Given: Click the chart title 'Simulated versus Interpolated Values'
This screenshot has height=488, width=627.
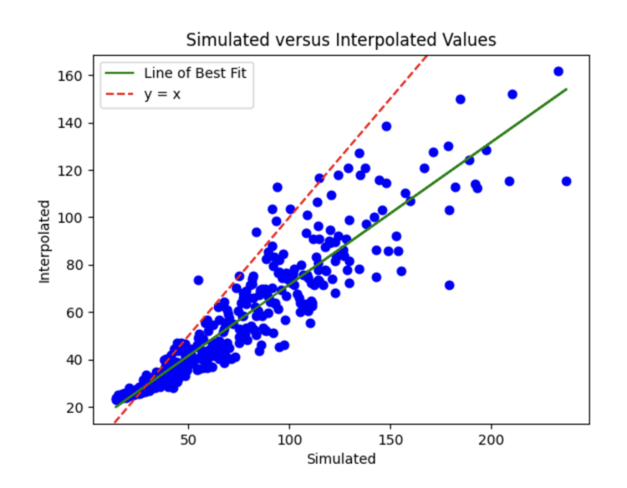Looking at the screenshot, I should click(x=340, y=39).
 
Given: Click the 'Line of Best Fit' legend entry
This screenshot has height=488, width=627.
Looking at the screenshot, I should click(x=196, y=73).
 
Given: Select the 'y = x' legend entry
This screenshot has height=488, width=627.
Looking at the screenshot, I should click(x=164, y=94).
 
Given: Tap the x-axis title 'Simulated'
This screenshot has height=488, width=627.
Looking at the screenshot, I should click(x=341, y=459).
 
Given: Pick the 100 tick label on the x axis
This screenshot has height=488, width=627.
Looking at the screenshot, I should click(x=290, y=439).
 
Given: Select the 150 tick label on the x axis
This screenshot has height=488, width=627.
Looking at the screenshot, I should click(x=390, y=439).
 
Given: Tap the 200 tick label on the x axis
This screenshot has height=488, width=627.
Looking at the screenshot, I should click(x=492, y=439).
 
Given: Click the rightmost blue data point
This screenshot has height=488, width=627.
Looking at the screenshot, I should click(x=566, y=181).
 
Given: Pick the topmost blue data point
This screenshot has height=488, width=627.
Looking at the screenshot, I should click(x=558, y=72).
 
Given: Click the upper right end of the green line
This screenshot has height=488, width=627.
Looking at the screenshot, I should click(x=566, y=89).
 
